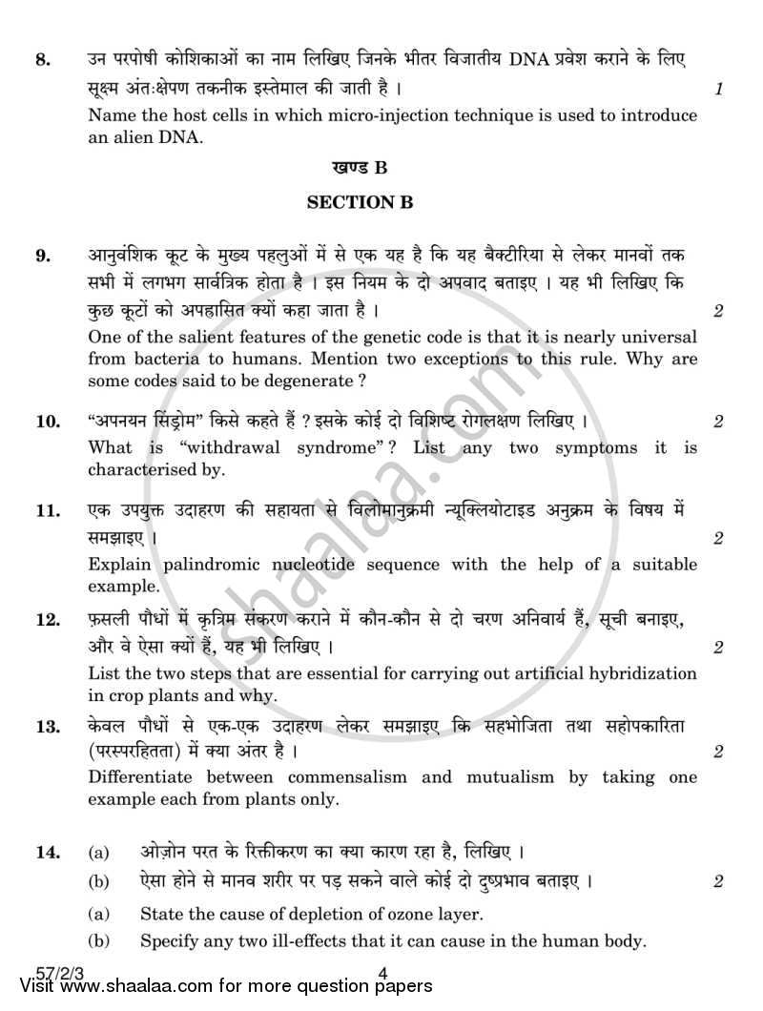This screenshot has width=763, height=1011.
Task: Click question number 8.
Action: point(41,61)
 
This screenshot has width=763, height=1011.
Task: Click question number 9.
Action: point(41,255)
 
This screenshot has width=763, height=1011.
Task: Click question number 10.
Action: point(46,421)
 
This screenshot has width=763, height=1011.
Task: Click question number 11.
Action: point(45,511)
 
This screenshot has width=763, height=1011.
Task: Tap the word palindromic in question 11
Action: point(203,565)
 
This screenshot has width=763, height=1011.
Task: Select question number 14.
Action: point(46,851)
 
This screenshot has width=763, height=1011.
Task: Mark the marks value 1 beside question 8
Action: point(717,89)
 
